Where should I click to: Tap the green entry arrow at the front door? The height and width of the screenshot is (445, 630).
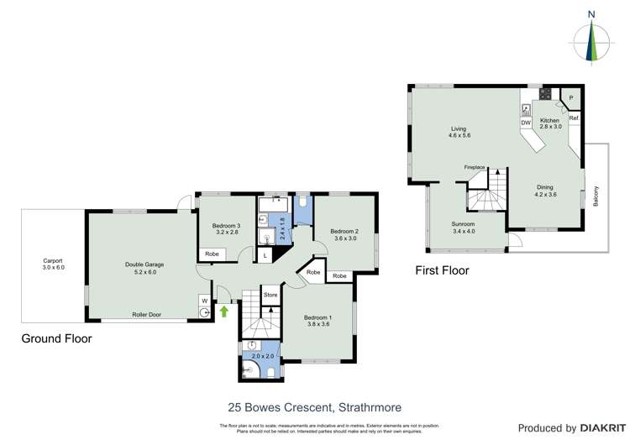(x=224, y=311)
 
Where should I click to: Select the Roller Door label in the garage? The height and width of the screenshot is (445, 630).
(x=146, y=315)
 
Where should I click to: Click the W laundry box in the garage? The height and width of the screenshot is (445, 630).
(x=204, y=300)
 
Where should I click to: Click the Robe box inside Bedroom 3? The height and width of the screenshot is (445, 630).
(x=213, y=254)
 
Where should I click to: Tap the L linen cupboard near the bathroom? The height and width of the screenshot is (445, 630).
(x=265, y=254)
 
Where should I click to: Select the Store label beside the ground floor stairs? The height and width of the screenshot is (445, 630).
(x=270, y=295)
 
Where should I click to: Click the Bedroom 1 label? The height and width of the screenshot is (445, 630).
(x=319, y=317)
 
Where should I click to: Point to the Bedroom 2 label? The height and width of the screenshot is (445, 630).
(x=344, y=232)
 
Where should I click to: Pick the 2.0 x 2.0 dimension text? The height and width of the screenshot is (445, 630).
(x=264, y=356)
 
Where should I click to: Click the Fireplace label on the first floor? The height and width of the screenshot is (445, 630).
(x=475, y=167)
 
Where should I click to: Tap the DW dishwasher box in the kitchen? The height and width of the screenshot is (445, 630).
(x=525, y=123)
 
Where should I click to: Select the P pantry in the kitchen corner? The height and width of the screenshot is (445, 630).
(x=571, y=98)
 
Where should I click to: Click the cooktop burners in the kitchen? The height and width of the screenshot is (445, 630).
(x=545, y=95)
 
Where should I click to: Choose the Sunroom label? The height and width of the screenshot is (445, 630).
(x=464, y=224)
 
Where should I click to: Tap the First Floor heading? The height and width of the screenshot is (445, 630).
(x=442, y=270)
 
